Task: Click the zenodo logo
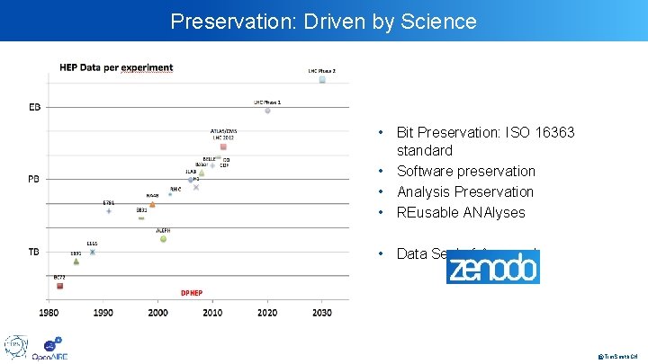click(493, 267)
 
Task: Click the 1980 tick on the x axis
click(49, 313)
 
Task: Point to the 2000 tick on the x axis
click(157, 313)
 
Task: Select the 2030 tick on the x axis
click(322, 313)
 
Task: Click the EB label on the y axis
click(34, 108)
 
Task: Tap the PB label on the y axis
click(34, 180)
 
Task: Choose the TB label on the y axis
click(34, 252)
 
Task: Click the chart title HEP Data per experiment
click(116, 67)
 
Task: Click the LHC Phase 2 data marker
click(322, 79)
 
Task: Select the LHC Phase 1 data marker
click(267, 111)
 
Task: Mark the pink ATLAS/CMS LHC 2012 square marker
click(223, 147)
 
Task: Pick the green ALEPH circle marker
click(163, 238)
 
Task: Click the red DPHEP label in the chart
click(192, 293)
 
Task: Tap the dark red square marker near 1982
click(59, 286)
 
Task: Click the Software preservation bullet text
click(465, 171)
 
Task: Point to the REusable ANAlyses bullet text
click(460, 212)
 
